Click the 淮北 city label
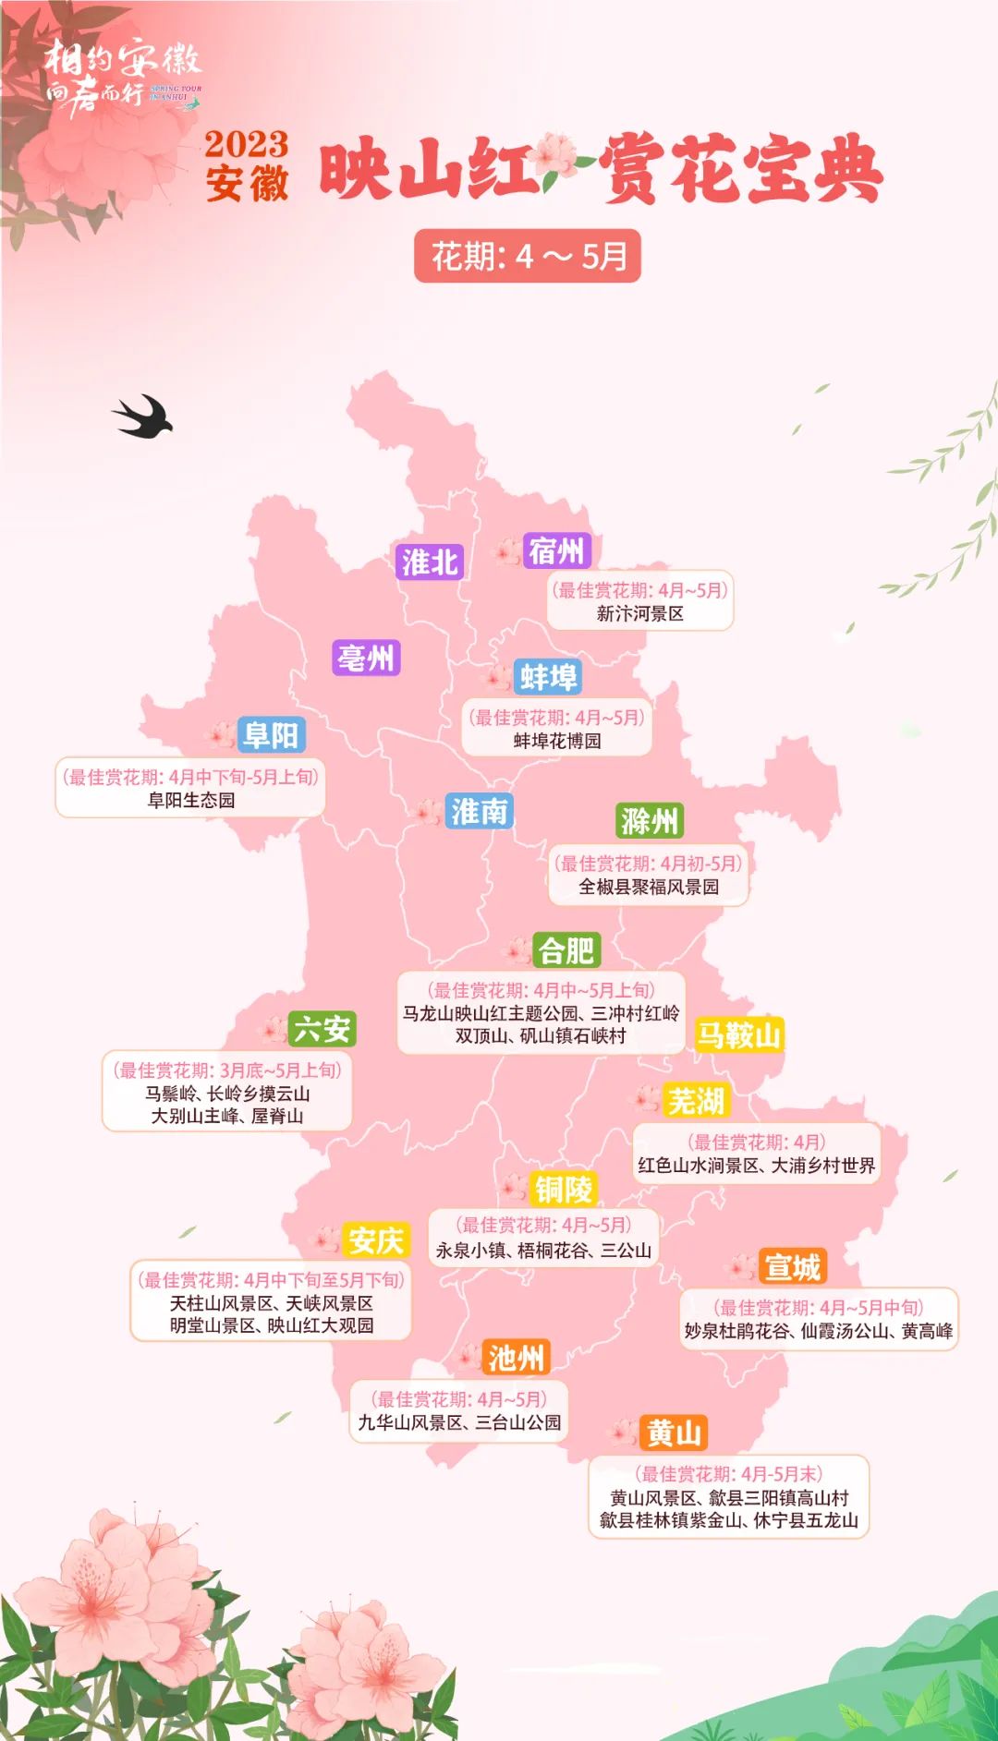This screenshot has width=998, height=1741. (x=430, y=562)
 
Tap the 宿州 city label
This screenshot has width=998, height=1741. (x=556, y=551)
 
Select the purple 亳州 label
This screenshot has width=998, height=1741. (x=366, y=659)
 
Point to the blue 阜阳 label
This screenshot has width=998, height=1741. (x=271, y=735)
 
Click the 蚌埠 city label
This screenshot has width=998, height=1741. (x=548, y=677)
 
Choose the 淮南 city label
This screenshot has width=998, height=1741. (x=479, y=811)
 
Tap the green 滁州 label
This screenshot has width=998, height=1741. (x=650, y=820)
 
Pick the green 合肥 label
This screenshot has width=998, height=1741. (x=566, y=950)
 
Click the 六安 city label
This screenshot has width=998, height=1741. (x=322, y=1029)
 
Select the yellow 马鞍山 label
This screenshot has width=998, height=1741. (x=739, y=1034)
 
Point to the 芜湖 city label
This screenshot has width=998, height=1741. (x=696, y=1101)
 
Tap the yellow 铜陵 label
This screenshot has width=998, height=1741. (x=563, y=1190)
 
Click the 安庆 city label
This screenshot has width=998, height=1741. (x=375, y=1240)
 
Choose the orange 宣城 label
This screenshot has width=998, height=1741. (x=792, y=1267)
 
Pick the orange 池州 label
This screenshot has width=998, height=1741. (x=517, y=1358)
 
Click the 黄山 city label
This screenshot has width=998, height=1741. (x=674, y=1433)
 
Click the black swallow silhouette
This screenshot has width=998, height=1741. (x=143, y=417)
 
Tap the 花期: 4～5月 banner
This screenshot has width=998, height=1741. (x=528, y=256)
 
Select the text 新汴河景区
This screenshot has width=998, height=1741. (x=639, y=613)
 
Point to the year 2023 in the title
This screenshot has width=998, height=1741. (x=246, y=144)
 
